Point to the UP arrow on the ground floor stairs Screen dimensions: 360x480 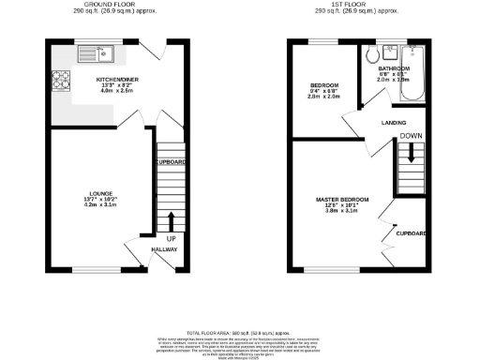(x=171, y=223)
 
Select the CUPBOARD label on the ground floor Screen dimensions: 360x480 (x=171, y=162)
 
